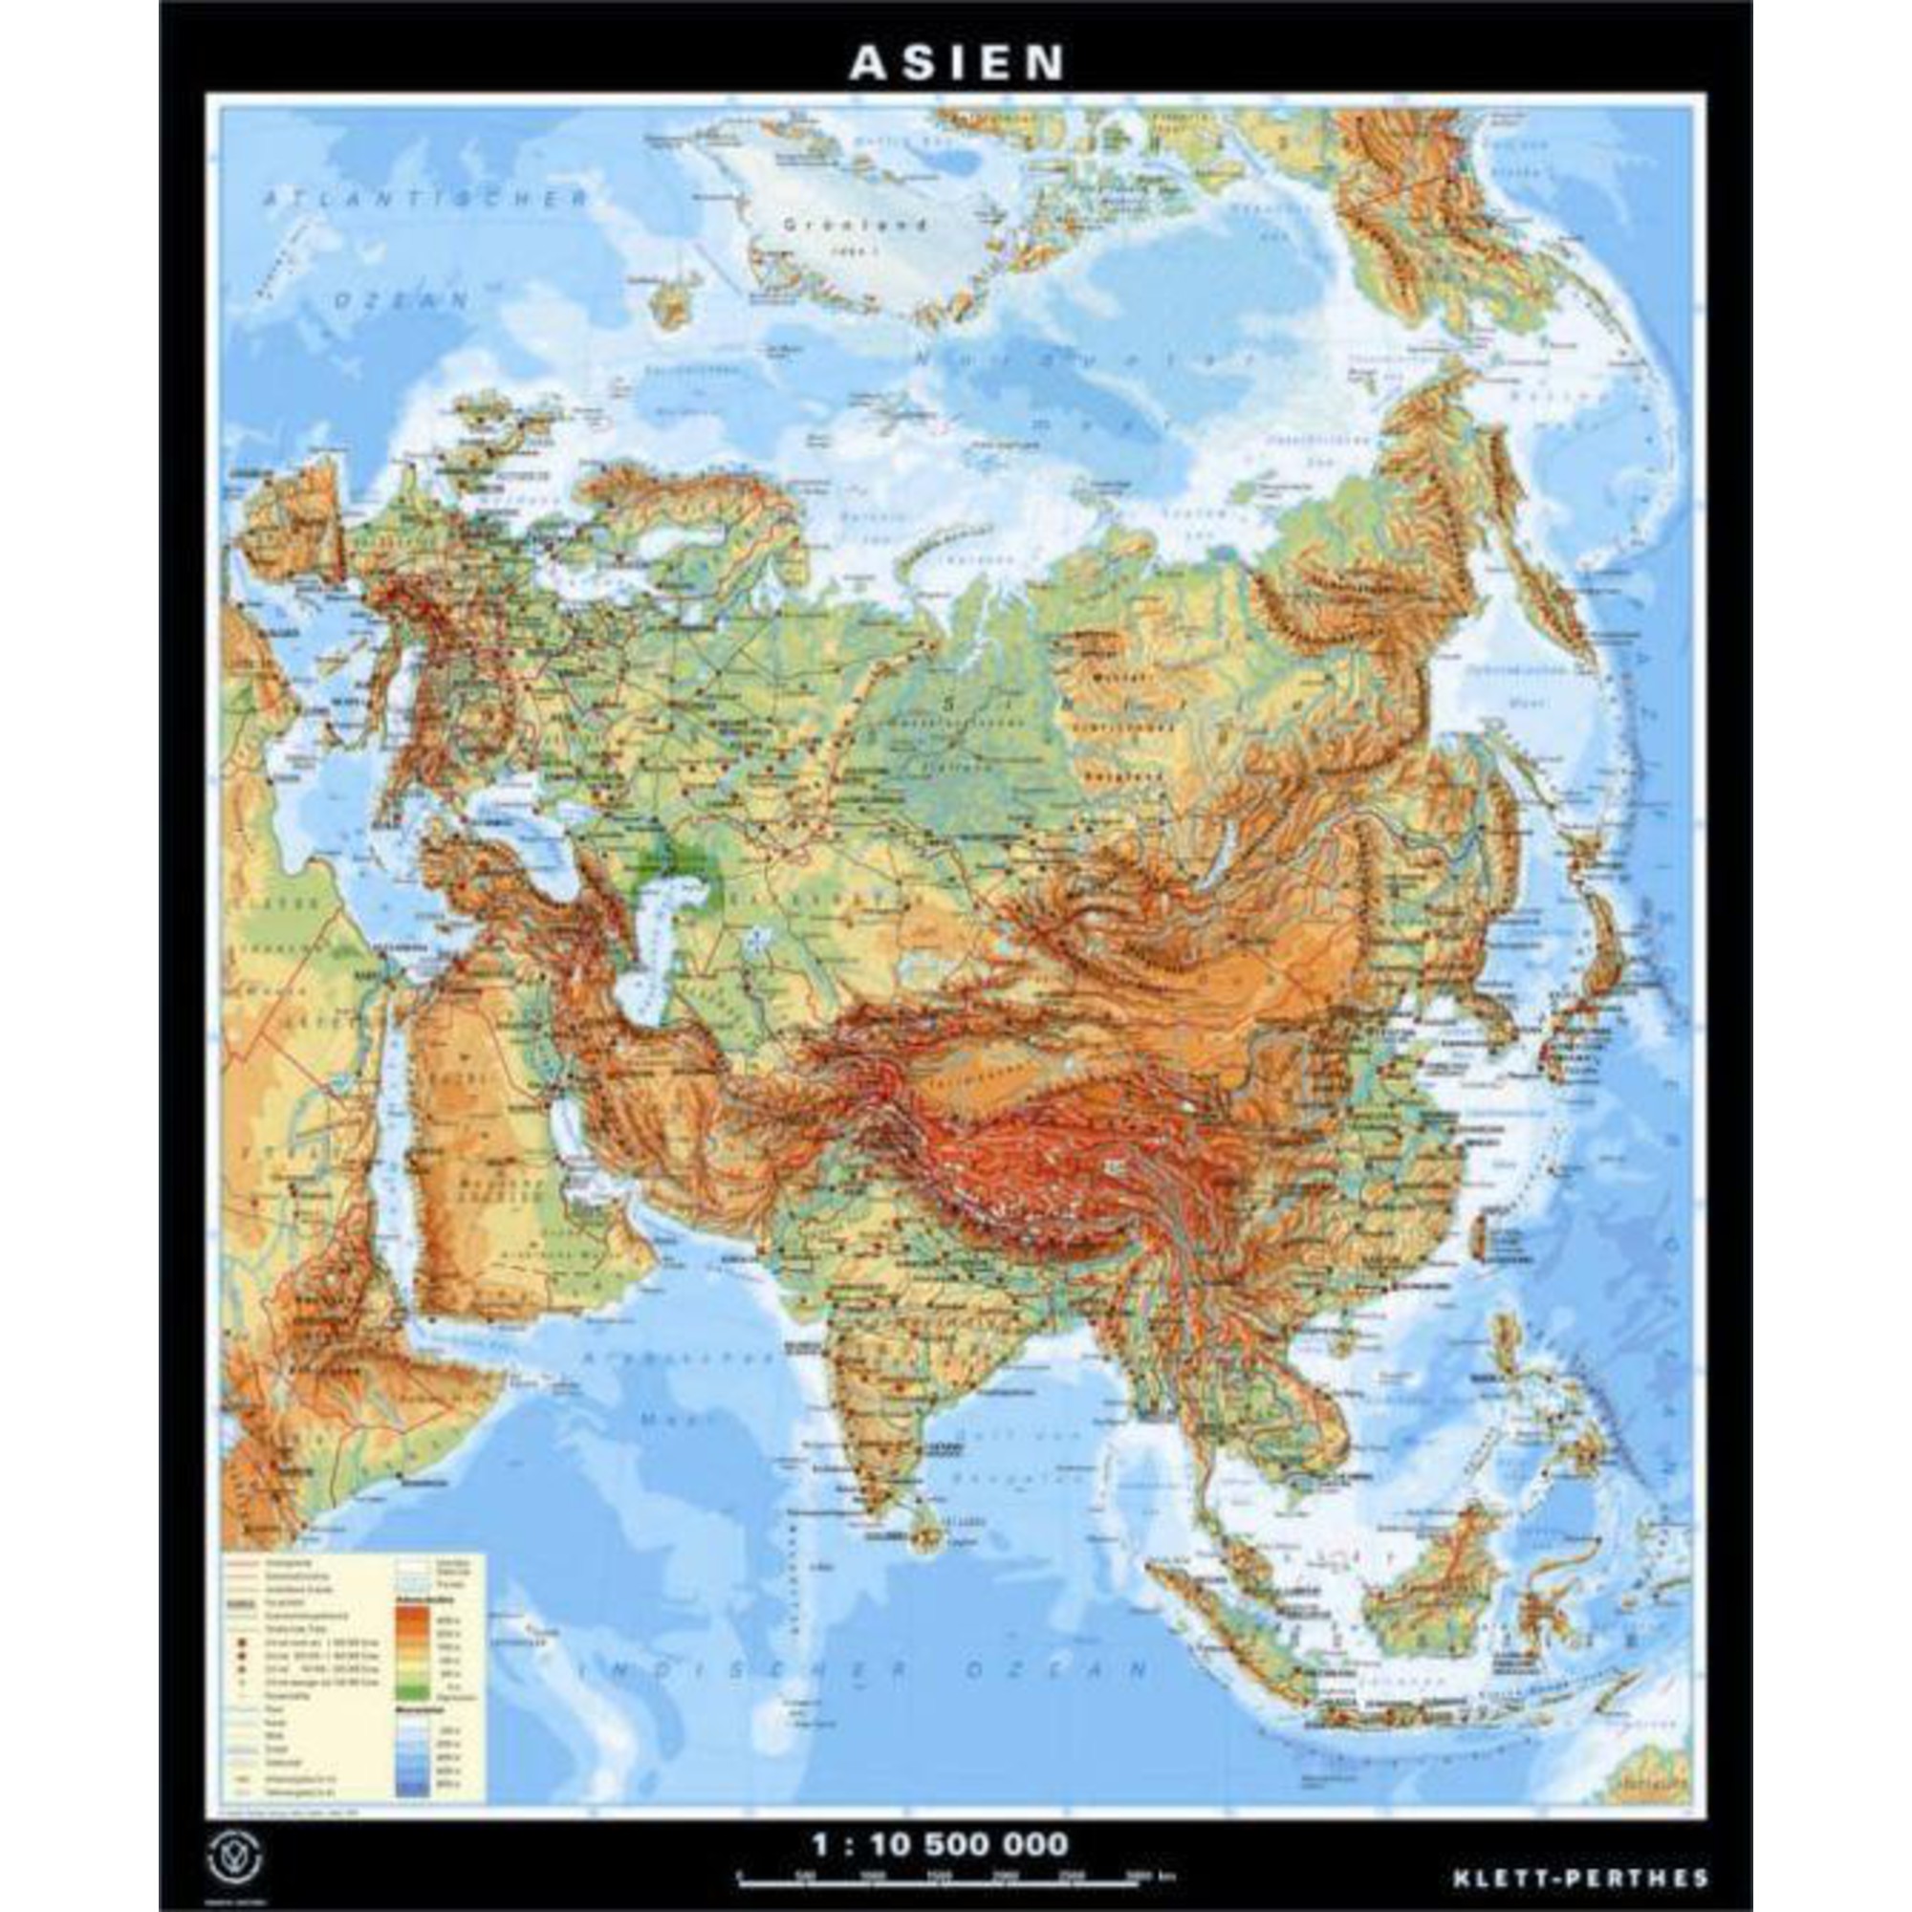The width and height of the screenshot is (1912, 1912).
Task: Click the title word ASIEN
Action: (x=956, y=62)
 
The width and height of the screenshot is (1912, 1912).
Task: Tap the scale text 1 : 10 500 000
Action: (x=939, y=1817)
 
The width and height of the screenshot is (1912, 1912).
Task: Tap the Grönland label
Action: (x=856, y=225)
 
